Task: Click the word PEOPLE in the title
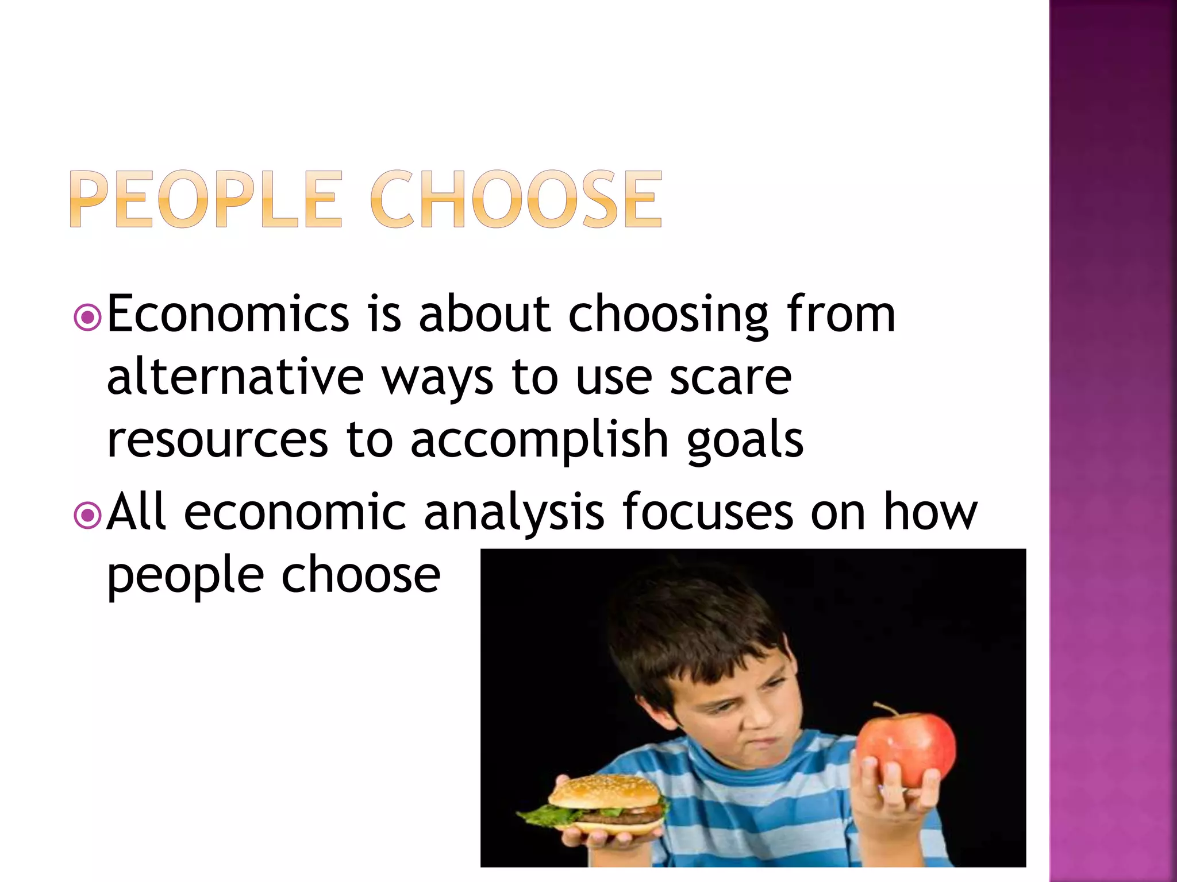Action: pos(207,200)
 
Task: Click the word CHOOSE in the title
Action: pos(516,200)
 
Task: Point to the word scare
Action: pos(730,378)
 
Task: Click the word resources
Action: pos(217,440)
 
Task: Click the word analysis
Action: pos(514,512)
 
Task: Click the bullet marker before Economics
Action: pos(88,317)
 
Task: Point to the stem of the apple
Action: pos(884,709)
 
